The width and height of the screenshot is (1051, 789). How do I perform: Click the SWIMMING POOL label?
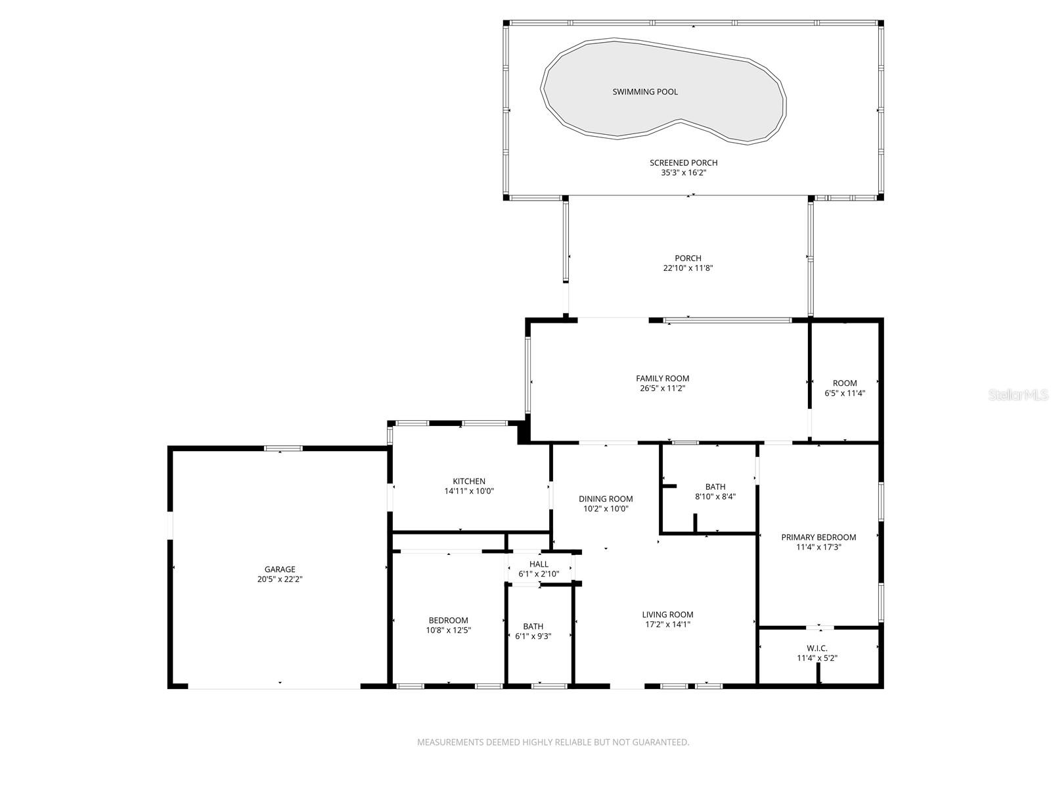644,92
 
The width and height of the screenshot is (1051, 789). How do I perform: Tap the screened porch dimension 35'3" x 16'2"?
683,173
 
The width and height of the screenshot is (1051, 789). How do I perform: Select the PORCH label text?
688,258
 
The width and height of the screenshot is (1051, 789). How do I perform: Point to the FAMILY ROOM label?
662,378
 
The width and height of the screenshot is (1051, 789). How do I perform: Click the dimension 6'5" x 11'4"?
845,393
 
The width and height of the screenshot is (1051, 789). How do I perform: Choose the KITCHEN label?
469,481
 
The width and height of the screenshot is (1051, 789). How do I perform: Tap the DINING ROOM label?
606,498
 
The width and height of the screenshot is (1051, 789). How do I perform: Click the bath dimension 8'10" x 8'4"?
715,497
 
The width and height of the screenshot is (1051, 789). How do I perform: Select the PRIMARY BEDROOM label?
818,537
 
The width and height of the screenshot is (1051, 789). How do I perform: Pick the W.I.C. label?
817,648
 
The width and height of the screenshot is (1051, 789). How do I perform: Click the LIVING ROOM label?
667,615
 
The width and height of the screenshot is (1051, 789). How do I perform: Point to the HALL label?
539,564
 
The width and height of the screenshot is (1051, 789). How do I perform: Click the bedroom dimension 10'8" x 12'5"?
448,630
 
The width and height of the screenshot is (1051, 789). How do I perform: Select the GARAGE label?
280,569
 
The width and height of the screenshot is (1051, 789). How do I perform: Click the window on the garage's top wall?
283,448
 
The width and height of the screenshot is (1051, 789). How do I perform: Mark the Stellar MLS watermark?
1018,395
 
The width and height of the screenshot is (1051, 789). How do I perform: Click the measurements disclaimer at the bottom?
553,742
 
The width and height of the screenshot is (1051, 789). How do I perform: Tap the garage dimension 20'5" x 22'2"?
280,579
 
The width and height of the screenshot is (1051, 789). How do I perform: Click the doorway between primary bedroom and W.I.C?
820,627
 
